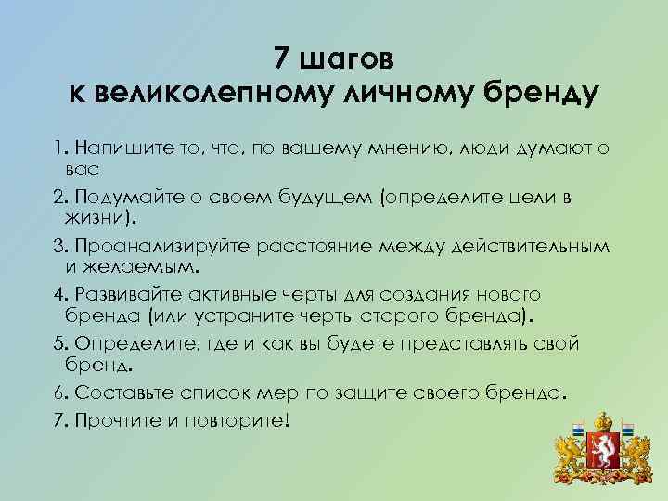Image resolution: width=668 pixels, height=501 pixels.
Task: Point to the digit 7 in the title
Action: tap(282, 58)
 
